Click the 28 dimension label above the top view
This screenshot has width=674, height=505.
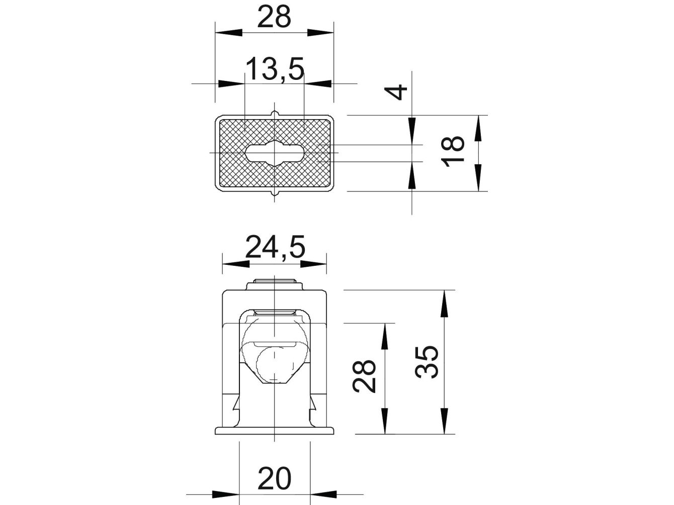[x=274, y=17]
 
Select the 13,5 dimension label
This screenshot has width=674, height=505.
[x=275, y=69]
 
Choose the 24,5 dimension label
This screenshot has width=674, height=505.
[x=275, y=247]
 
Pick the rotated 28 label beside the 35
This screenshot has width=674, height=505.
[x=364, y=376]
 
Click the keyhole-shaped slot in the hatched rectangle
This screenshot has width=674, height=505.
[x=275, y=153]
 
